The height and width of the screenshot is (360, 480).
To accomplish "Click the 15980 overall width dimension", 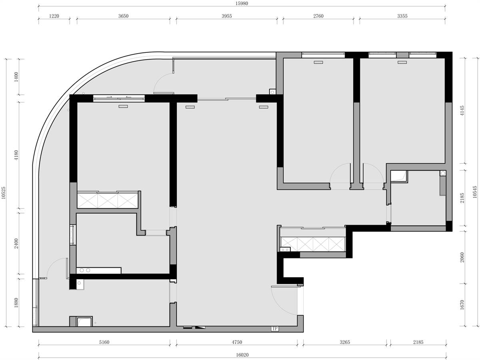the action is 242,4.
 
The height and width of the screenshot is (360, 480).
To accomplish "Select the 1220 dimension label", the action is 54,16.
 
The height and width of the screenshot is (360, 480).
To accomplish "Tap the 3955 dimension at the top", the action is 226,16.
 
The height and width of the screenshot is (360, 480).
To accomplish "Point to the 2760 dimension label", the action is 318,16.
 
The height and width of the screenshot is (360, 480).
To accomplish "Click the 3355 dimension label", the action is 402,16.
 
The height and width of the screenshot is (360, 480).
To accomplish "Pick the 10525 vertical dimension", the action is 4,192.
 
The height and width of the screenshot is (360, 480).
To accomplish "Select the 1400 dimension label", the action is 16,77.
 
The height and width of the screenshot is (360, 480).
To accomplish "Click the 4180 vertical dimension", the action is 16,155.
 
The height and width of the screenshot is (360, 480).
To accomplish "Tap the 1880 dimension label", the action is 16,303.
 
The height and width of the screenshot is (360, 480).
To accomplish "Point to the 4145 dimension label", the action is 462,111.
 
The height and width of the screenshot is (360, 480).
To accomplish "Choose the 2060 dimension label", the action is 462,258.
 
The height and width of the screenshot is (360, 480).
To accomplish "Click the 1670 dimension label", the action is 462,305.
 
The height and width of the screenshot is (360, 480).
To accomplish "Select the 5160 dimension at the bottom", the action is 104,342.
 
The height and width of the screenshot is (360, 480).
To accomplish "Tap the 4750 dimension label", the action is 237,342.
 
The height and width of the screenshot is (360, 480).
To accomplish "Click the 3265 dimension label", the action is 345,342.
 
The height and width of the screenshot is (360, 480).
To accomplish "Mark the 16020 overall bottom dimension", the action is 242,355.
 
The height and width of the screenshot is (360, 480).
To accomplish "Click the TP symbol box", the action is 275,328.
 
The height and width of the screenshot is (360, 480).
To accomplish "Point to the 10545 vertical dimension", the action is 475,192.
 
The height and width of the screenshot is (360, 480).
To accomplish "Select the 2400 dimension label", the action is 16,243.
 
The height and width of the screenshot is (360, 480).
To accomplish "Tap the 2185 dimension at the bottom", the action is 418,342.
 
